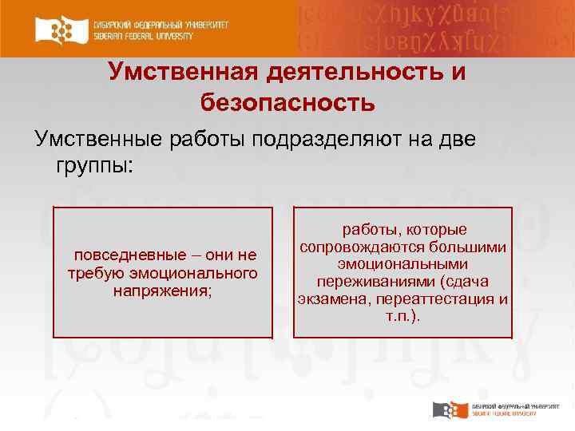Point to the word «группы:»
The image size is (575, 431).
tap(97, 167)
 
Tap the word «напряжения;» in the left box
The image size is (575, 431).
tap(163, 291)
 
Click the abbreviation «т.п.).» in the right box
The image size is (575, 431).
tap(402, 317)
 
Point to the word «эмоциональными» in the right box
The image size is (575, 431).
tap(402, 264)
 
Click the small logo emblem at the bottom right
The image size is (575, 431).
tap(446, 410)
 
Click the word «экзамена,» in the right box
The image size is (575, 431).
tap(330, 299)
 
